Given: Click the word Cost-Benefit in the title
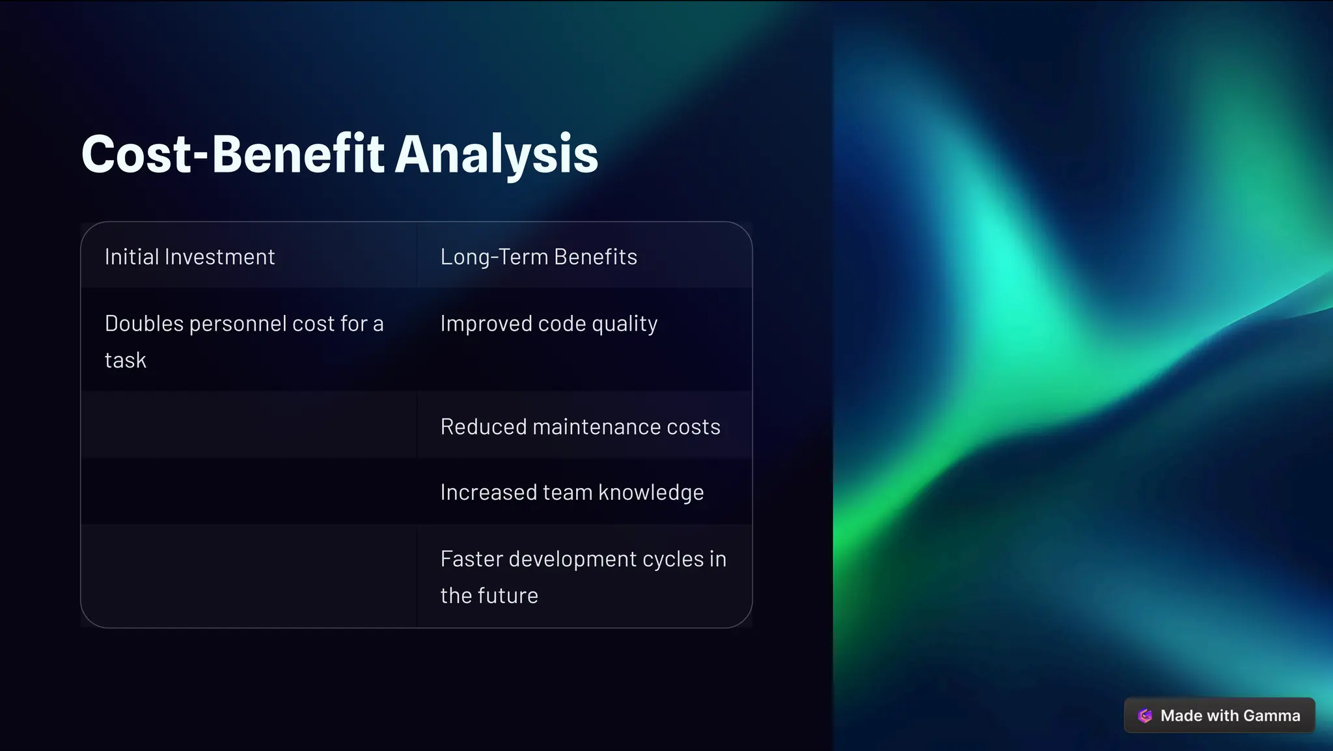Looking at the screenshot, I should pyautogui.click(x=233, y=155).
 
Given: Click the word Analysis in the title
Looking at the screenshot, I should pyautogui.click(x=497, y=155).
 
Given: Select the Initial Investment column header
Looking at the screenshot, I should pyautogui.click(x=189, y=257).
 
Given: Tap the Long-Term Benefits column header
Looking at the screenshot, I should pyautogui.click(x=538, y=257).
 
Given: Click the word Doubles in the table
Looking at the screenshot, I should pyautogui.click(x=144, y=323).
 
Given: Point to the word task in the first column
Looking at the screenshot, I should pyautogui.click(x=126, y=360).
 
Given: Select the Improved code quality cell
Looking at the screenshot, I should pyautogui.click(x=549, y=323).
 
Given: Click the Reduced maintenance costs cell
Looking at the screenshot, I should pyautogui.click(x=580, y=427).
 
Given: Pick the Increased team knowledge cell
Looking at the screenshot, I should pyautogui.click(x=571, y=493).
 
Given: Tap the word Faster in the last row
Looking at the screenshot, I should pyautogui.click(x=471, y=559).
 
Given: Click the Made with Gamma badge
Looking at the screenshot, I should pyautogui.click(x=1219, y=715).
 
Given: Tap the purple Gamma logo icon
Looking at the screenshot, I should pyautogui.click(x=1145, y=716).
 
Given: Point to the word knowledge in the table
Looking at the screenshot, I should pyautogui.click(x=650, y=493).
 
